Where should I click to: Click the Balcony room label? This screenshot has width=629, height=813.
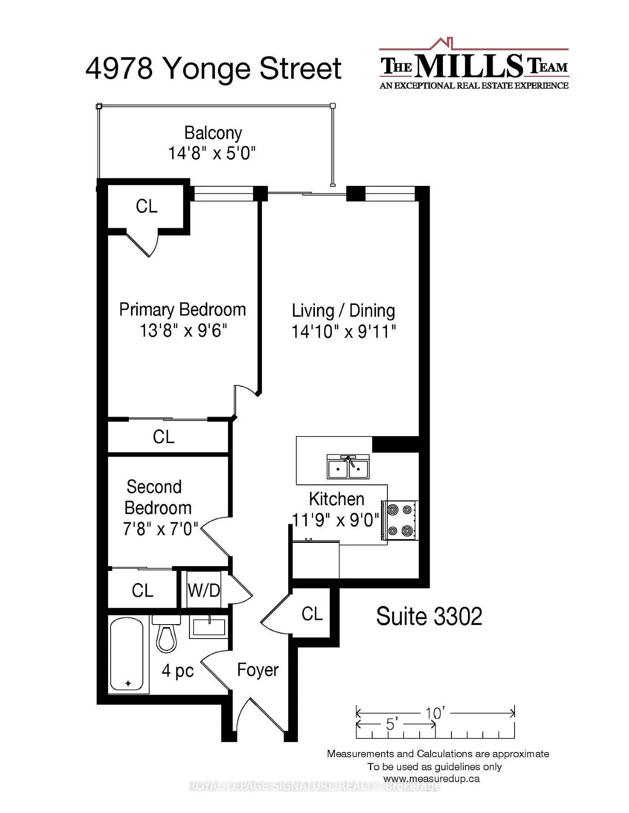pyautogui.click(x=213, y=133)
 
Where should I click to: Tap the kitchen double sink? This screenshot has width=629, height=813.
pyautogui.click(x=348, y=466)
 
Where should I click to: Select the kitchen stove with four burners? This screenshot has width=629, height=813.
pyautogui.click(x=400, y=520)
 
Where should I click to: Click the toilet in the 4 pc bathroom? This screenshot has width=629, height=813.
pyautogui.click(x=166, y=633)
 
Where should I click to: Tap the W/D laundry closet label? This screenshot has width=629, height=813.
pyautogui.click(x=204, y=590)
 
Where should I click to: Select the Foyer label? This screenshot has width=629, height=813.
pyautogui.click(x=258, y=670)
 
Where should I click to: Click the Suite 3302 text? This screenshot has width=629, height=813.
pyautogui.click(x=429, y=617)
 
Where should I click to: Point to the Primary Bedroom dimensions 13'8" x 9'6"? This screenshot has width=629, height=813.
pyautogui.click(x=183, y=330)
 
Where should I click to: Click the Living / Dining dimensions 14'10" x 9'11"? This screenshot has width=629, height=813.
pyautogui.click(x=343, y=332)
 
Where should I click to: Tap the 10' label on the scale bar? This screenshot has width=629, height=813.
pyautogui.click(x=435, y=713)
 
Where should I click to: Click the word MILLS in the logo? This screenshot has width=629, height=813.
pyautogui.click(x=469, y=66)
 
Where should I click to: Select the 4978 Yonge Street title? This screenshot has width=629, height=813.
pyautogui.click(x=213, y=69)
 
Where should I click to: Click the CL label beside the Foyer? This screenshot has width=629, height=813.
pyautogui.click(x=312, y=614)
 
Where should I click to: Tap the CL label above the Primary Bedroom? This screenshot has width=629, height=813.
pyautogui.click(x=147, y=207)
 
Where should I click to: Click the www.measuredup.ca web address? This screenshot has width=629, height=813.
pyautogui.click(x=431, y=779)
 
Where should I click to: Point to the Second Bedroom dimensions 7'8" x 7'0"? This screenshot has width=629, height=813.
pyautogui.click(x=161, y=529)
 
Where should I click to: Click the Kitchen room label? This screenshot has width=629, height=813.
pyautogui.click(x=337, y=499)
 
